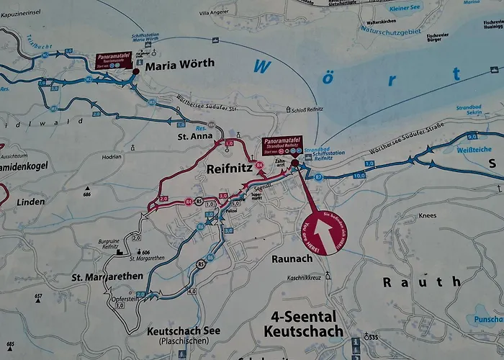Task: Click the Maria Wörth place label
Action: click(179, 64)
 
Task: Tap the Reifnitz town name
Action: click(228, 169)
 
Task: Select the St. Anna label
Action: click(192, 135)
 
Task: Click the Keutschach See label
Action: click(183, 331)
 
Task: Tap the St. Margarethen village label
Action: click(107, 276)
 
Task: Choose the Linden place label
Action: click(30, 202)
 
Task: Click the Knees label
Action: click(427, 215)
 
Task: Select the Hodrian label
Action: click(112, 156)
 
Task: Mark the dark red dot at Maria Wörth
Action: click(135, 71)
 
